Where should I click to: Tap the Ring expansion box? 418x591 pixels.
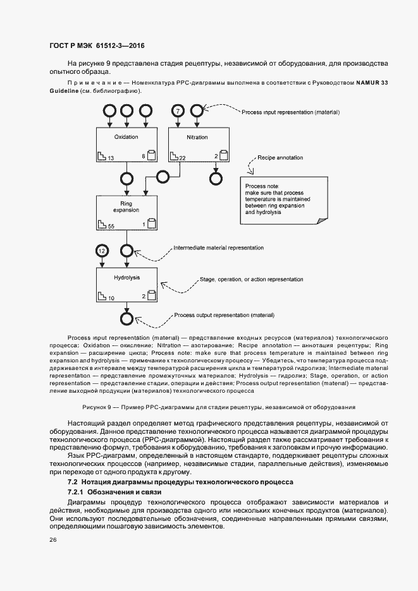[126, 212]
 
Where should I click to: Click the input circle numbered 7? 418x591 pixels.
[178, 111]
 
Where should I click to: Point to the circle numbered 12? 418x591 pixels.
[102, 251]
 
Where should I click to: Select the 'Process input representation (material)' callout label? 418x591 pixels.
[291, 112]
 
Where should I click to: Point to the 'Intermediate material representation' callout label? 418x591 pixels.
[218, 248]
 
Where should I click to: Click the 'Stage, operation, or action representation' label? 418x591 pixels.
[251, 278]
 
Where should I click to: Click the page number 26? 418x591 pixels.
[52, 540]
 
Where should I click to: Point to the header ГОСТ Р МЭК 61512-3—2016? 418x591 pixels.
[97, 46]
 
